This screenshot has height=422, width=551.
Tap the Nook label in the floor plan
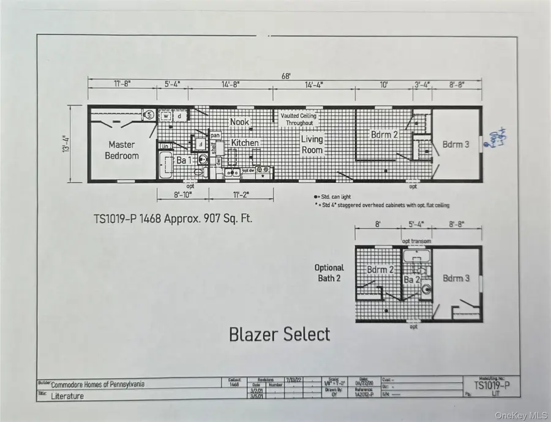(x=239, y=122)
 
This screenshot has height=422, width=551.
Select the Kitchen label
(x=245, y=143)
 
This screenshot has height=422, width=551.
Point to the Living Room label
(x=312, y=145)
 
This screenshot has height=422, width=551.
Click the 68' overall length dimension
(x=286, y=75)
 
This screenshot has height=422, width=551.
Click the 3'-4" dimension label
(x=422, y=85)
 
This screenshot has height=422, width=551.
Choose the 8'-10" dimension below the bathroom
(x=182, y=195)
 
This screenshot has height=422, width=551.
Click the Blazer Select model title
(x=279, y=334)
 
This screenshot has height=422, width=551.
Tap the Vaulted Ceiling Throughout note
(x=297, y=119)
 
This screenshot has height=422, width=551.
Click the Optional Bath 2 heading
(x=329, y=273)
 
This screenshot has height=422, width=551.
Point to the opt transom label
(x=417, y=241)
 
